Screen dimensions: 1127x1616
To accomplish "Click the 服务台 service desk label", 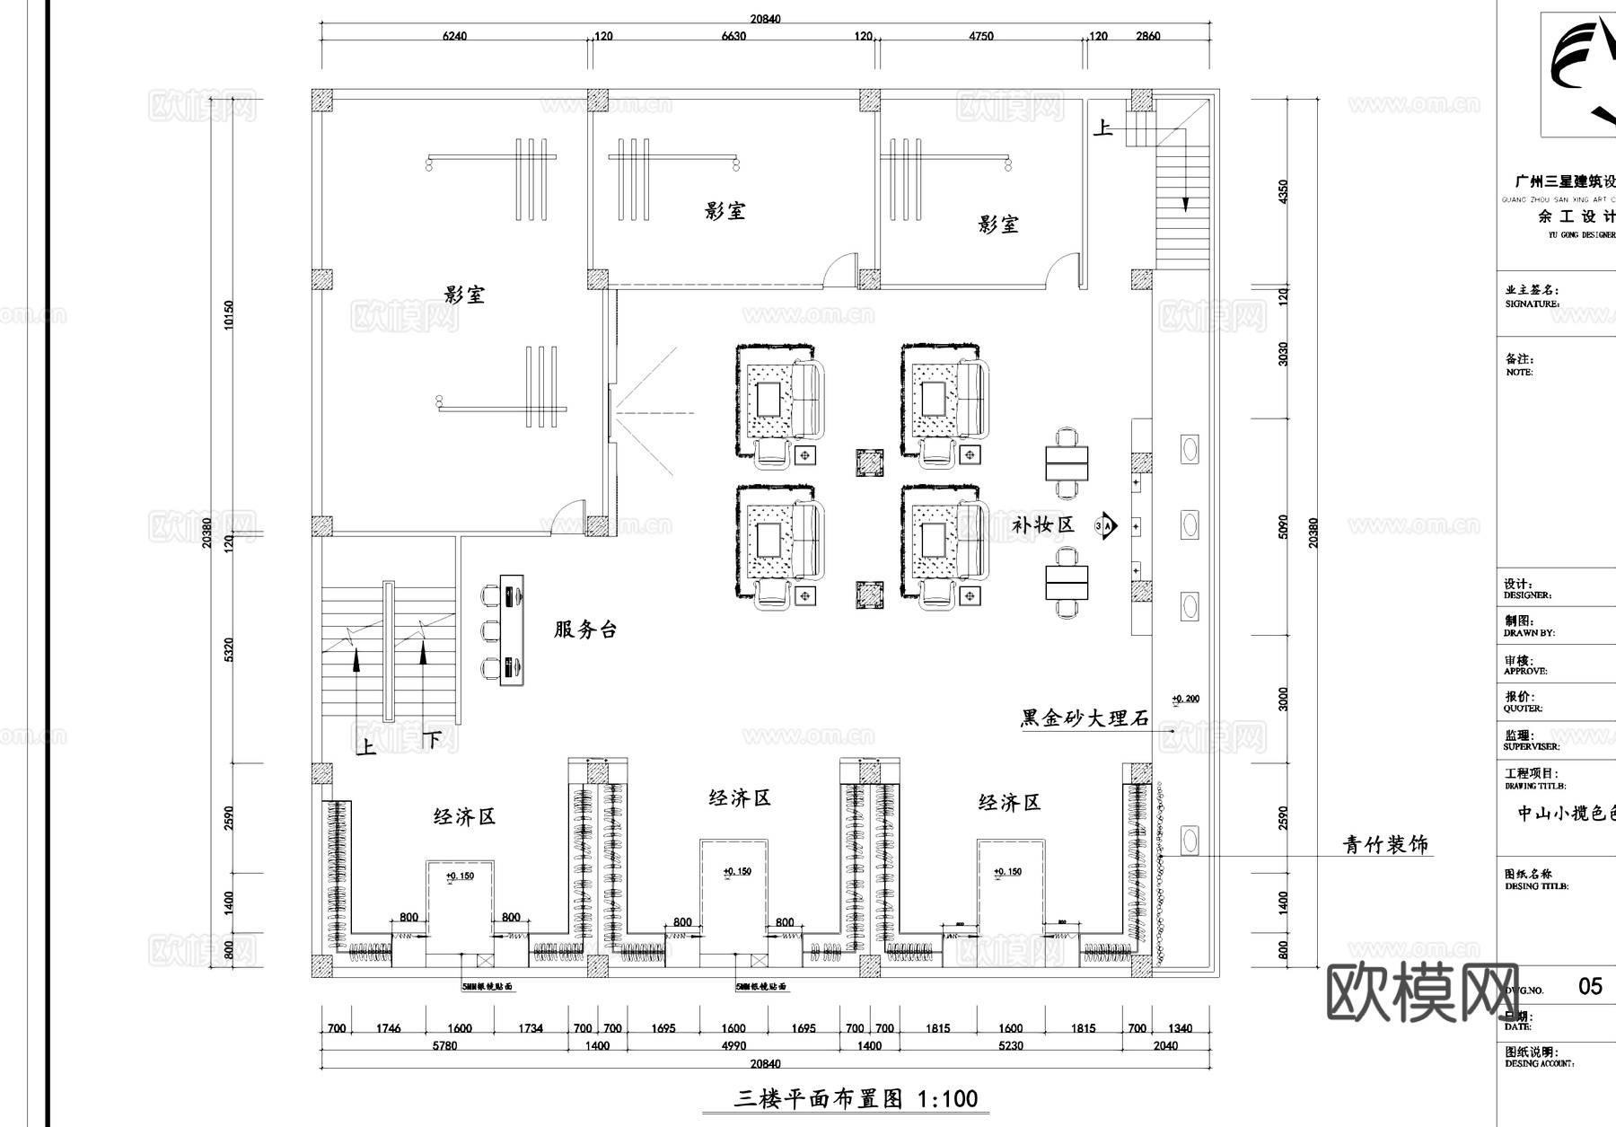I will click(x=585, y=630).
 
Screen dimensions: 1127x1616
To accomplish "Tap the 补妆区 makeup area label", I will click(x=1042, y=525).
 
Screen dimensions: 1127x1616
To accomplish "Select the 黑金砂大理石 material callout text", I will click(x=1085, y=718).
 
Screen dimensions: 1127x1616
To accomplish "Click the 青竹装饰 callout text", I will click(x=1384, y=845).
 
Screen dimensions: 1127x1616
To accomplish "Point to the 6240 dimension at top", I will click(x=455, y=37).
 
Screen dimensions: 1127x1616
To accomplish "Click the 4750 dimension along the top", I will click(x=981, y=37).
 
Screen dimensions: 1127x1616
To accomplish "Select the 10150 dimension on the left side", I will click(x=228, y=314).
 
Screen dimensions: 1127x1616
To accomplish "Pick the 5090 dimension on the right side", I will click(x=1283, y=526).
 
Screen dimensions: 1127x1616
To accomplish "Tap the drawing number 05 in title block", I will click(x=1590, y=987).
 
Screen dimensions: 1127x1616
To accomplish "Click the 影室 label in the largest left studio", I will click(x=464, y=295).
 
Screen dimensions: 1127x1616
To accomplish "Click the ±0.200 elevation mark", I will click(x=1185, y=699).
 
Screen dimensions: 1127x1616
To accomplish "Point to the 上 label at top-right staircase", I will click(x=1102, y=128).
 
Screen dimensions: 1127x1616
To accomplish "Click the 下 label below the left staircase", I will click(x=432, y=740).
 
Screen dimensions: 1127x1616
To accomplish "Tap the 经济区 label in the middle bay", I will click(x=740, y=798).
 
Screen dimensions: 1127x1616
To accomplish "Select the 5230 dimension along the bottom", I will click(x=1010, y=1046).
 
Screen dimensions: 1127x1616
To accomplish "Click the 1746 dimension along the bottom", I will click(x=388, y=1029).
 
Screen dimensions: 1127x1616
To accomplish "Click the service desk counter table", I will click(x=512, y=630).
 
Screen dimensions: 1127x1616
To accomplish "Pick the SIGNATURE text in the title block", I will click(x=1532, y=304).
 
